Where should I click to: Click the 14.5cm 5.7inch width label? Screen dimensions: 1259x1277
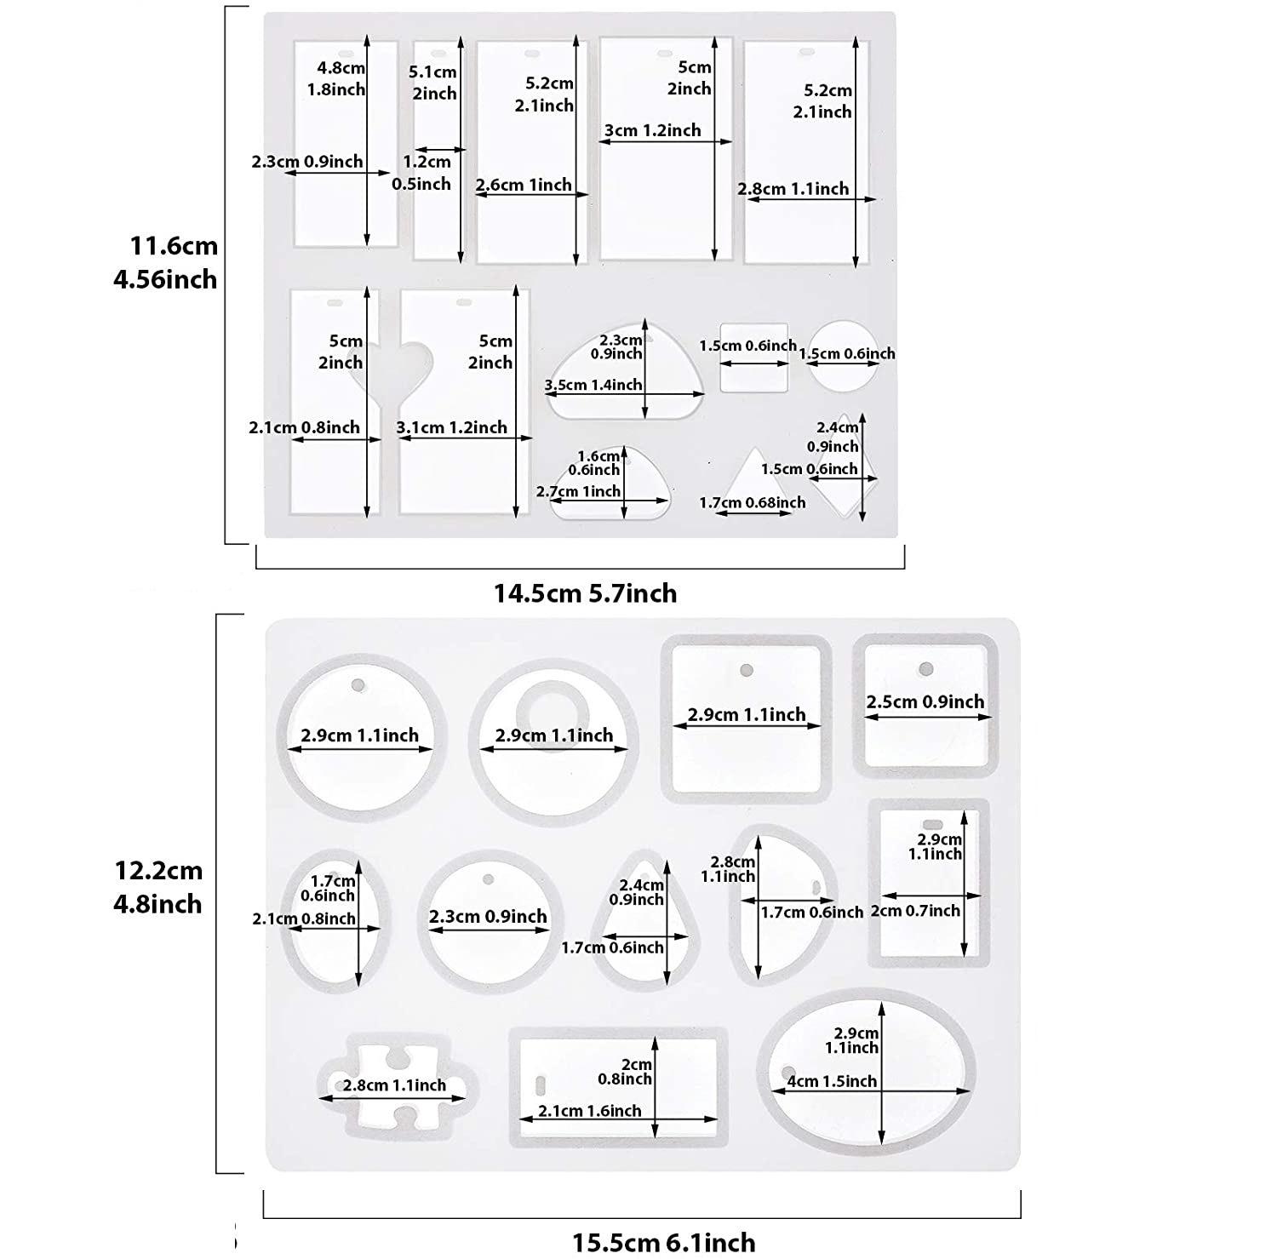coord(586,593)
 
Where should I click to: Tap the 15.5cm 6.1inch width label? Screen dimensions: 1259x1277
coord(663,1242)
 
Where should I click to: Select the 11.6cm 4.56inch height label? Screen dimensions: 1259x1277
coord(166,262)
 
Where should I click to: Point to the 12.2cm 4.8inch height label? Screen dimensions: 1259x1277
coord(159,887)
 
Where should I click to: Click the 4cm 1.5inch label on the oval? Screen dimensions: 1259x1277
coord(833,1081)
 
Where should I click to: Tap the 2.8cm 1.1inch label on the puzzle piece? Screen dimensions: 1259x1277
coord(394,1085)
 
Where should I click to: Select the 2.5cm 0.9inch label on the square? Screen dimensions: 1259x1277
coord(925,702)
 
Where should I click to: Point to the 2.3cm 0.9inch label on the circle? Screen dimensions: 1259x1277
coord(488,917)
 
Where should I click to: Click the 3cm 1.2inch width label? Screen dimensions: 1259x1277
coord(653,130)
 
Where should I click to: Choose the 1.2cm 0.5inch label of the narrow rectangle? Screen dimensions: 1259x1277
coord(423,172)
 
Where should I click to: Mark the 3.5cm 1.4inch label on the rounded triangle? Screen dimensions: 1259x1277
coord(593,385)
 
